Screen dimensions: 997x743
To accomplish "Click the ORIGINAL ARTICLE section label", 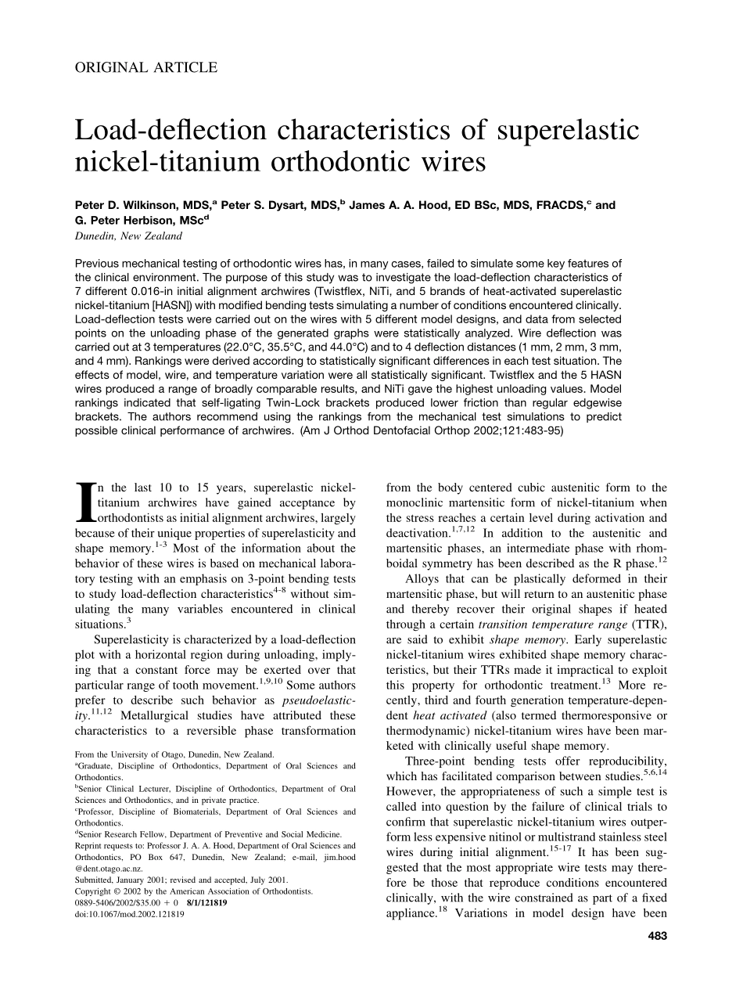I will tap(146, 67).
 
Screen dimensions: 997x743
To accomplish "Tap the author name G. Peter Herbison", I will tap(138, 221).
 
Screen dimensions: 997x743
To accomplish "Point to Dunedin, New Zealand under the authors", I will tap(128, 236).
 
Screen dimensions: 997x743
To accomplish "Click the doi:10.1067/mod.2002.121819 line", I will tap(130, 913).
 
